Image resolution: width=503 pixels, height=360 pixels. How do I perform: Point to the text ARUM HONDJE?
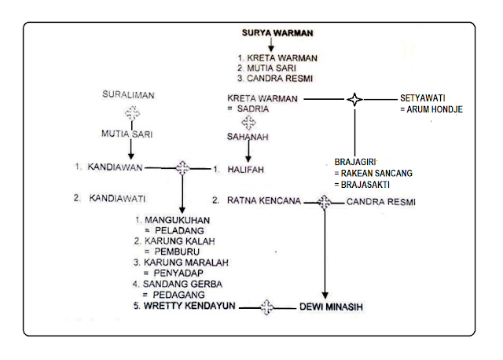(x=435, y=110)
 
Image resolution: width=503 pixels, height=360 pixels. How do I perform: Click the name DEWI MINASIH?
(x=327, y=307)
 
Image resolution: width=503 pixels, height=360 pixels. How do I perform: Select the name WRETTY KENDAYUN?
(x=190, y=307)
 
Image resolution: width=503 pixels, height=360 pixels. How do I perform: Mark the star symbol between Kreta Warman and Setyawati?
(x=355, y=99)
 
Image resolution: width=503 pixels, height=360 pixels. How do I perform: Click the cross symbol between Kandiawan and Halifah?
(x=183, y=167)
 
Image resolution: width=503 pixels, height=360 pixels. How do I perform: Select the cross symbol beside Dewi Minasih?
(x=266, y=307)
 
